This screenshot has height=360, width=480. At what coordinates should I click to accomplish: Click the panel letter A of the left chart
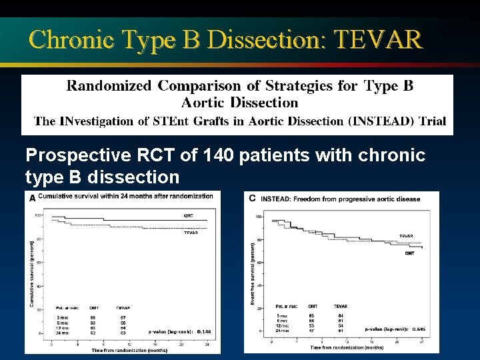pos(31,197)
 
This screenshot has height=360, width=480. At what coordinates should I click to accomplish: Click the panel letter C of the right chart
pos(252,198)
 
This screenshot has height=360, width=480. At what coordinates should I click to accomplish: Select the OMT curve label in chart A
pos(189,215)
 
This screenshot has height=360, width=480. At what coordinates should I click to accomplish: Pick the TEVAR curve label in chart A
pos(193,233)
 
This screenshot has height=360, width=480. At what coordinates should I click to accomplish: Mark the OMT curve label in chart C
pos(409,253)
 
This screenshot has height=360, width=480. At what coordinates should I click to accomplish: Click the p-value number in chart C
pos(420,329)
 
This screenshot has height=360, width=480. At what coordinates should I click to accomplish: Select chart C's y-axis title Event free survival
pos(252,273)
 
